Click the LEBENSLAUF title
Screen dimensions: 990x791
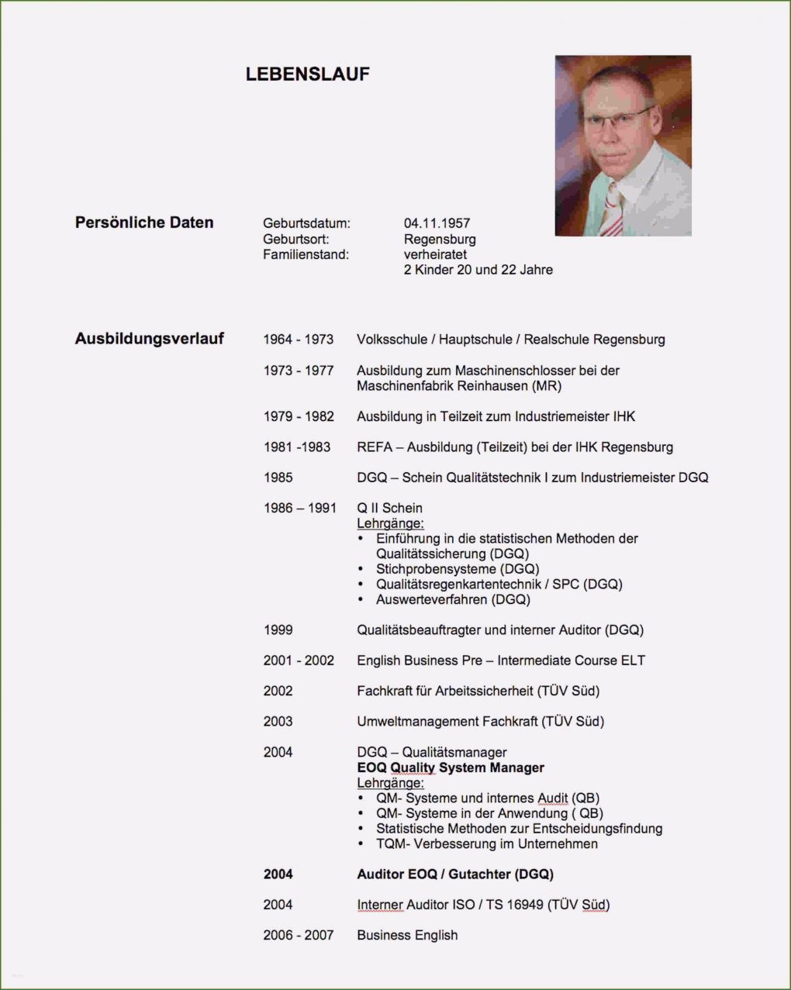click(x=307, y=74)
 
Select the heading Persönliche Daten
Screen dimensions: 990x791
click(x=144, y=222)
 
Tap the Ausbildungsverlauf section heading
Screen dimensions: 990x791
click(x=149, y=339)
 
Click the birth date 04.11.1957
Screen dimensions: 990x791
click(x=437, y=224)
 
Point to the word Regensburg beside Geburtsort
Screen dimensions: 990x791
click(x=440, y=240)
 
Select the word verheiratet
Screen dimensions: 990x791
click(x=435, y=254)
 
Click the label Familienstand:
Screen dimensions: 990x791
click(x=306, y=254)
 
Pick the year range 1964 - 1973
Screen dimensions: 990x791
click(x=298, y=340)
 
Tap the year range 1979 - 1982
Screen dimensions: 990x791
click(x=298, y=416)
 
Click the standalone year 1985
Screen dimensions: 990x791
click(x=278, y=478)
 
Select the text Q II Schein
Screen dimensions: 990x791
click(x=389, y=508)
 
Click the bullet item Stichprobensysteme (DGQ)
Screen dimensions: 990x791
click(x=458, y=569)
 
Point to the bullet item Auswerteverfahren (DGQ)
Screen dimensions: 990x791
click(x=453, y=599)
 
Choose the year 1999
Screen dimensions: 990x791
click(x=278, y=630)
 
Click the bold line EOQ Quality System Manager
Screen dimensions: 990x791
click(x=450, y=768)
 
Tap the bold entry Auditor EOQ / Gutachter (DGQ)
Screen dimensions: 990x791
click(x=454, y=874)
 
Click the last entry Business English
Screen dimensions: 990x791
click(x=407, y=935)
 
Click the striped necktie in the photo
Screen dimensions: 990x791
click(x=613, y=209)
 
